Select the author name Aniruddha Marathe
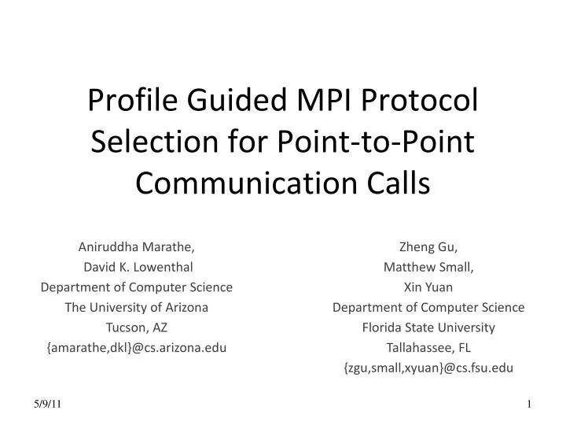[136, 246]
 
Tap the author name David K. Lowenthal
[136, 267]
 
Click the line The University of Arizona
[136, 308]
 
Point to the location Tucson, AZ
[136, 327]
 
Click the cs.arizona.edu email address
[136, 348]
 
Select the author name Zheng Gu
[428, 246]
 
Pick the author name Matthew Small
[428, 267]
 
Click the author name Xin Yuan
[428, 287]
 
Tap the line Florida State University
[428, 327]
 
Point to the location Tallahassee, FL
[428, 348]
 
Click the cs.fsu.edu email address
[428, 368]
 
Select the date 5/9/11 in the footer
[48, 404]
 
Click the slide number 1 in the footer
[530, 404]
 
